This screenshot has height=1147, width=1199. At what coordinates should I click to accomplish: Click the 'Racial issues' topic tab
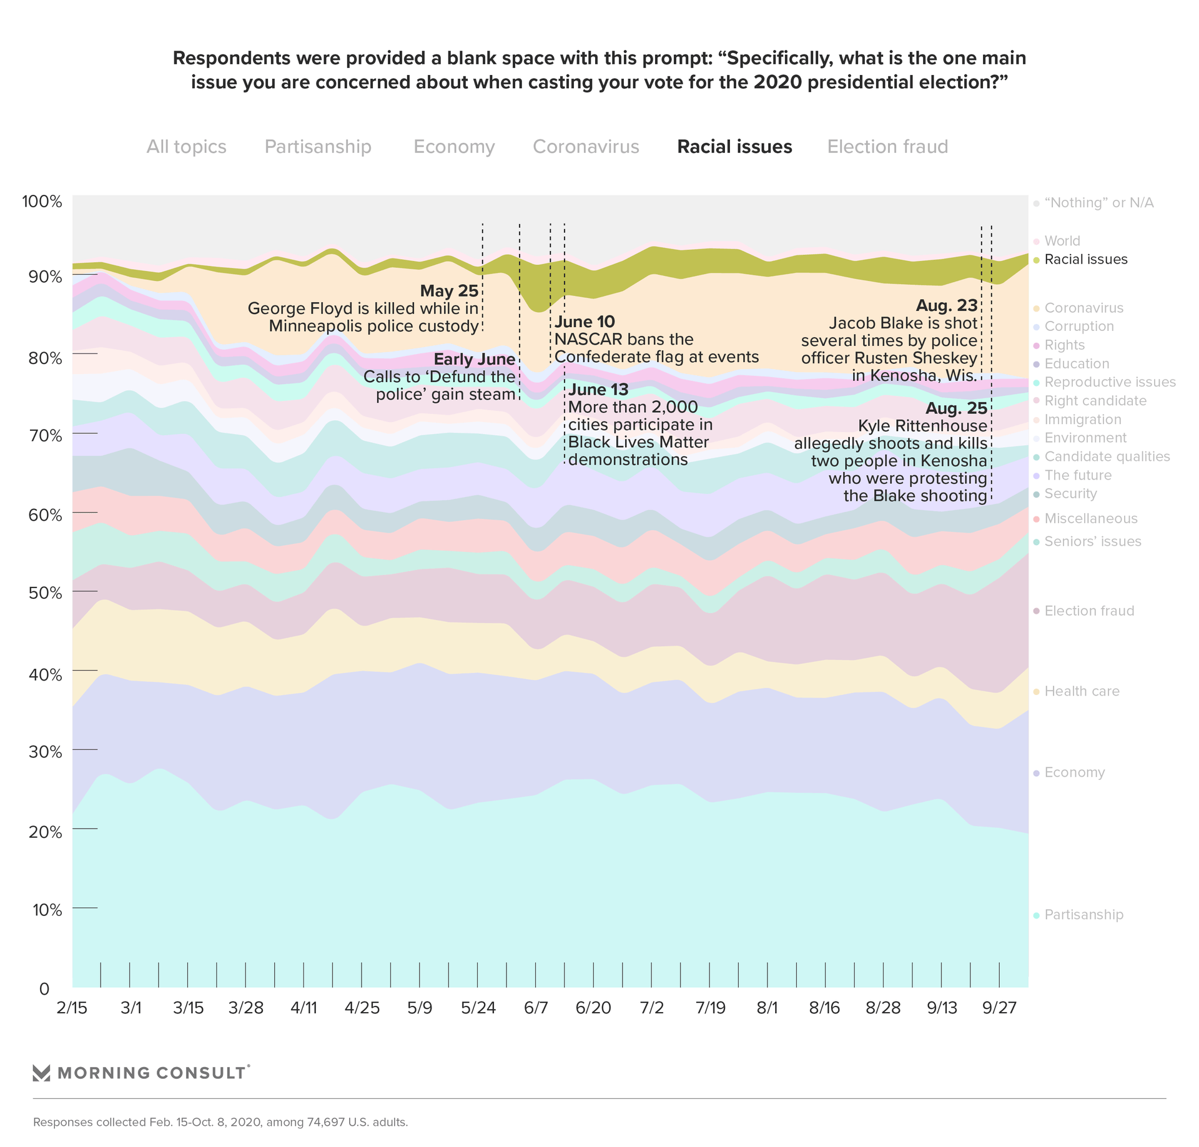click(734, 147)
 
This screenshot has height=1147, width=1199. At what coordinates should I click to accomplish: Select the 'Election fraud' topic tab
click(887, 147)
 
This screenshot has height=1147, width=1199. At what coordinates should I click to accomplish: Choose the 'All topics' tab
click(186, 147)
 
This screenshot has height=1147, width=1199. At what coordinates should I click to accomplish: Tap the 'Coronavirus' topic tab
click(586, 147)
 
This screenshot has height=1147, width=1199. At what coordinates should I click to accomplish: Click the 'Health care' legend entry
click(1082, 691)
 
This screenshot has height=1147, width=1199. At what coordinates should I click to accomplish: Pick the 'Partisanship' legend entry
click(1083, 915)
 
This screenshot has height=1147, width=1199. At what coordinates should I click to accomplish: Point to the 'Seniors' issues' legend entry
click(1092, 541)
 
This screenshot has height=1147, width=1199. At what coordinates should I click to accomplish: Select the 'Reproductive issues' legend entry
click(1110, 382)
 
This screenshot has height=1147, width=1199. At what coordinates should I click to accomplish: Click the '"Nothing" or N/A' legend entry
click(1098, 203)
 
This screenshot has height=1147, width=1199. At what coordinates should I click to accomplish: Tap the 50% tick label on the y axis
click(42, 593)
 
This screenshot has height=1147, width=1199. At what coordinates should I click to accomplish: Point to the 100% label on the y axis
click(42, 202)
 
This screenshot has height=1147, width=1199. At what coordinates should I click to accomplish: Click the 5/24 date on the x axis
click(478, 1008)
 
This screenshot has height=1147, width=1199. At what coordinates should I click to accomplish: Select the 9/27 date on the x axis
click(1000, 1008)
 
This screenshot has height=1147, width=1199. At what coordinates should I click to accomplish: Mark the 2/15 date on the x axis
click(72, 1008)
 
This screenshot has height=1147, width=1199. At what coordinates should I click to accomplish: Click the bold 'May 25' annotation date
click(449, 291)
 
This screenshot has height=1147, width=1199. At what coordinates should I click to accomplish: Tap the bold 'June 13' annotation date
click(598, 390)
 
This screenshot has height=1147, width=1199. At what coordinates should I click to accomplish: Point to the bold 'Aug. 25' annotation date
click(956, 409)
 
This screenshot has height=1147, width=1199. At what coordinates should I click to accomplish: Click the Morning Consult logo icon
click(41, 1073)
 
